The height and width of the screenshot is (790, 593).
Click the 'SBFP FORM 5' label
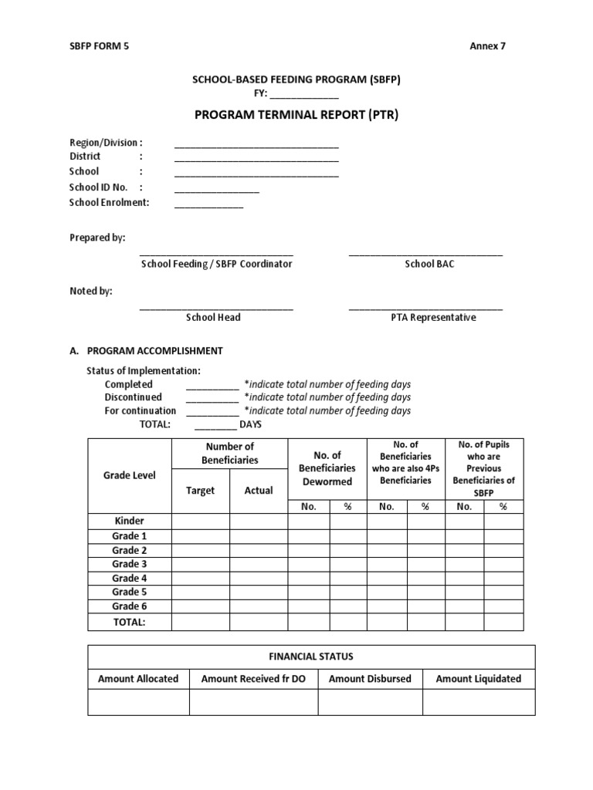[100, 46]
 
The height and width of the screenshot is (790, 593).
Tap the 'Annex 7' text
[488, 46]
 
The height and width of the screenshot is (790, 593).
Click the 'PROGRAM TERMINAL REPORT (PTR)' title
[296, 115]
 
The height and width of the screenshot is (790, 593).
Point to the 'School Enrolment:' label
[110, 203]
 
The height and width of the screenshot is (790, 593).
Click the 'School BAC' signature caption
[425, 264]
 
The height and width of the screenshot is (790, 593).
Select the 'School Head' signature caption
[213, 317]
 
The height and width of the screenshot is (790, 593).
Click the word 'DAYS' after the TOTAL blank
[251, 424]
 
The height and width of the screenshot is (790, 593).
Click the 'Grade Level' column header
[129, 475]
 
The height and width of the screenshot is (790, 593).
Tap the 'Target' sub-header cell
[201, 491]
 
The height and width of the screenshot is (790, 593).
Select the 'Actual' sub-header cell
[259, 491]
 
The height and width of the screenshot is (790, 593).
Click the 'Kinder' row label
[129, 521]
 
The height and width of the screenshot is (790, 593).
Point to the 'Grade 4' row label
[129, 578]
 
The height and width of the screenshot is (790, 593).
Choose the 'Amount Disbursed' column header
[370, 679]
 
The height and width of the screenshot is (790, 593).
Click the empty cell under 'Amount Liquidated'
[479, 702]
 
